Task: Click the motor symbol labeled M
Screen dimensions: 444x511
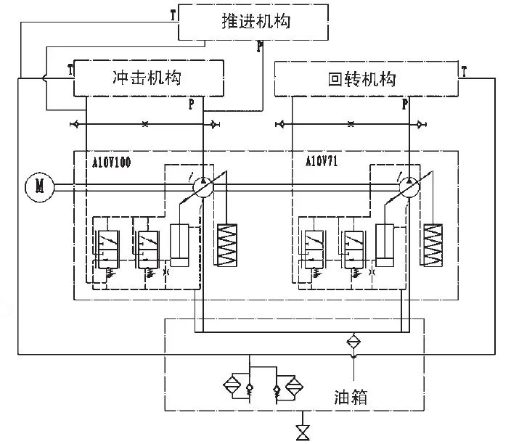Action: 35,186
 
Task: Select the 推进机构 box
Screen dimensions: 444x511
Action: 255,21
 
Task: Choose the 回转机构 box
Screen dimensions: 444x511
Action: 367,79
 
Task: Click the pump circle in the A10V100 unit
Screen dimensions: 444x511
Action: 203,186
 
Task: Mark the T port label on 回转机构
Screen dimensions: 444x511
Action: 464,71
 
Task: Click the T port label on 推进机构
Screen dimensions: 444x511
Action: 172,13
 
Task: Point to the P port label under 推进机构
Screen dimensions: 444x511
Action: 259,47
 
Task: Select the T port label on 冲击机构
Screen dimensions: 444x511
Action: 70,70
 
